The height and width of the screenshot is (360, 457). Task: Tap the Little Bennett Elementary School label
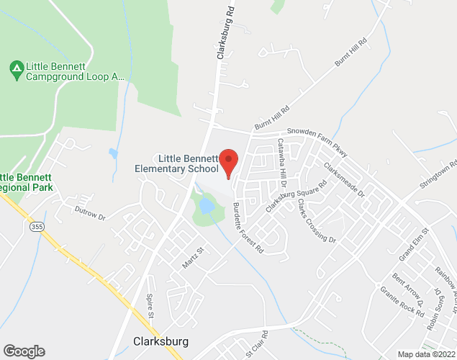(x=176, y=163)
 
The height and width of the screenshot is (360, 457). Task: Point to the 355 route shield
(x=34, y=227)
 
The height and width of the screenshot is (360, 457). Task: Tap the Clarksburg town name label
(x=161, y=341)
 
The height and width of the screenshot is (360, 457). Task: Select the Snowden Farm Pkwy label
(x=317, y=133)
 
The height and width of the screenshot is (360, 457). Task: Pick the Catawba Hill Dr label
(x=281, y=163)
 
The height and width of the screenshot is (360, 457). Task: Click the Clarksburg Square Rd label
(x=296, y=195)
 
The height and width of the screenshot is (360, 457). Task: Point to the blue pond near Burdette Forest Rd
(x=207, y=207)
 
